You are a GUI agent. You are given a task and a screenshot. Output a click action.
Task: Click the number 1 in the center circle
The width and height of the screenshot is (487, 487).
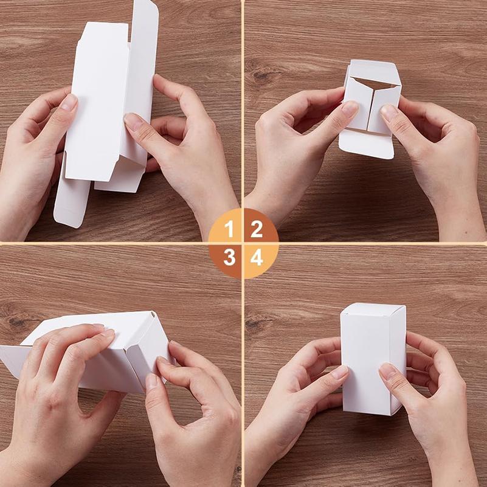click(229, 229)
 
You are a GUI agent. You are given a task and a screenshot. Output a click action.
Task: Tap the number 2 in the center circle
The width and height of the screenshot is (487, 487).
click(257, 229)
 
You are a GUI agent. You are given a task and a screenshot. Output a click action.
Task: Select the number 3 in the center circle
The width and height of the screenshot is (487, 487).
click(229, 258)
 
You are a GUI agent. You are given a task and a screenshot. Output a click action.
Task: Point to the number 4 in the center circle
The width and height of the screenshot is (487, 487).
click(257, 258)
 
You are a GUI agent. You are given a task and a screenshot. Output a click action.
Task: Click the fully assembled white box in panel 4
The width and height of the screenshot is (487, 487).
click(372, 359)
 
